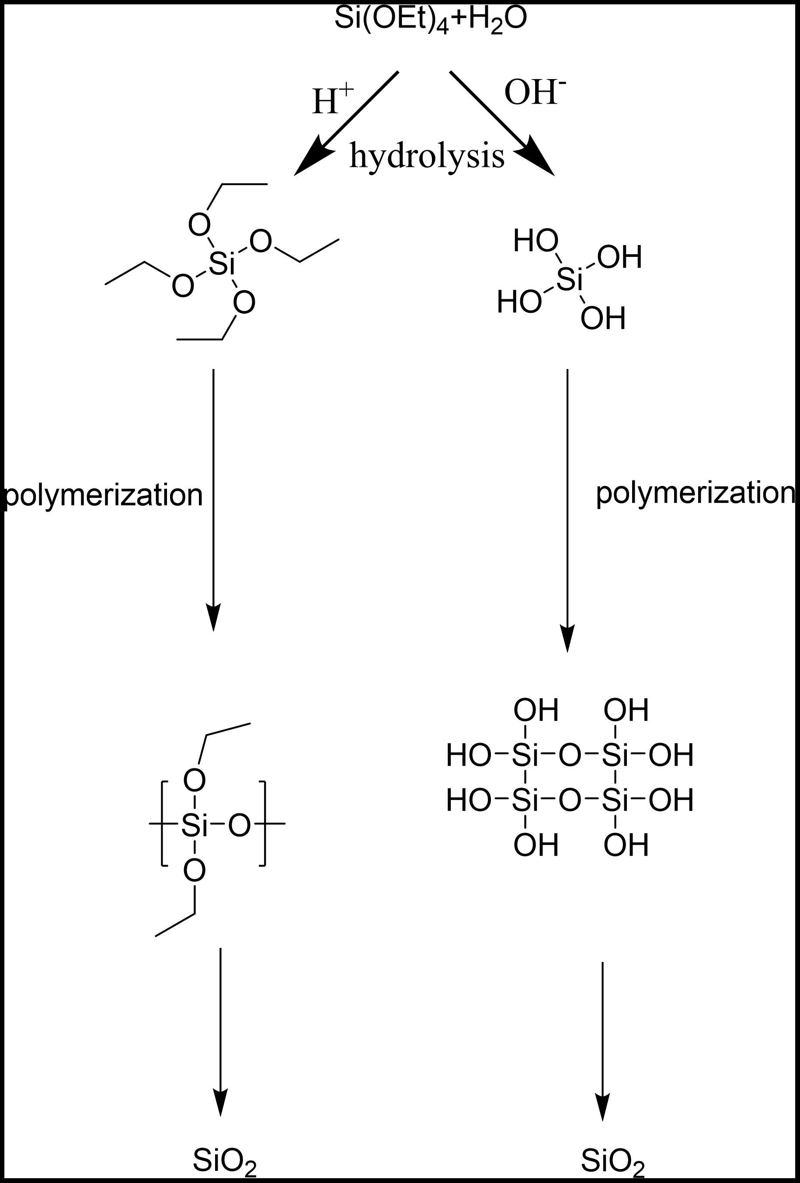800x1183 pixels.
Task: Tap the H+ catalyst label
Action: tap(331, 99)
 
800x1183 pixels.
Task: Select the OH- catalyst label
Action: tap(534, 93)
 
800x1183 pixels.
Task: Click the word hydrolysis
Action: tap(427, 155)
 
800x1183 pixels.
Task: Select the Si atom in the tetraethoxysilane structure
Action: tap(222, 264)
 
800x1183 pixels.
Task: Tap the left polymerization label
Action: tap(103, 495)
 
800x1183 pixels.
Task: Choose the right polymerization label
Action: tap(695, 493)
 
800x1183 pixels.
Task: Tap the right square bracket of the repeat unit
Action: tap(263, 823)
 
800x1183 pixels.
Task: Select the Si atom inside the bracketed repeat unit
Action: tap(195, 825)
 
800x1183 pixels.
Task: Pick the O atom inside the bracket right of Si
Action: tap(239, 825)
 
